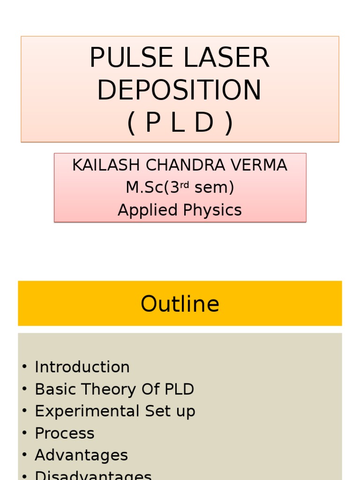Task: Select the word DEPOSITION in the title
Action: pyautogui.click(x=180, y=90)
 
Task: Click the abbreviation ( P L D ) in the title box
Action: pyautogui.click(x=180, y=123)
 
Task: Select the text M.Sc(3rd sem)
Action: pyautogui.click(x=180, y=187)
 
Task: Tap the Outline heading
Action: pyautogui.click(x=180, y=304)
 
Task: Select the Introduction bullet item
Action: pyautogui.click(x=82, y=367)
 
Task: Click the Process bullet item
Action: pyautogui.click(x=64, y=433)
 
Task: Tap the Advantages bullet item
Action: pyautogui.click(x=81, y=455)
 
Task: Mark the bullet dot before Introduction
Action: pyautogui.click(x=24, y=367)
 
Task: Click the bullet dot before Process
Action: pyautogui.click(x=24, y=433)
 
